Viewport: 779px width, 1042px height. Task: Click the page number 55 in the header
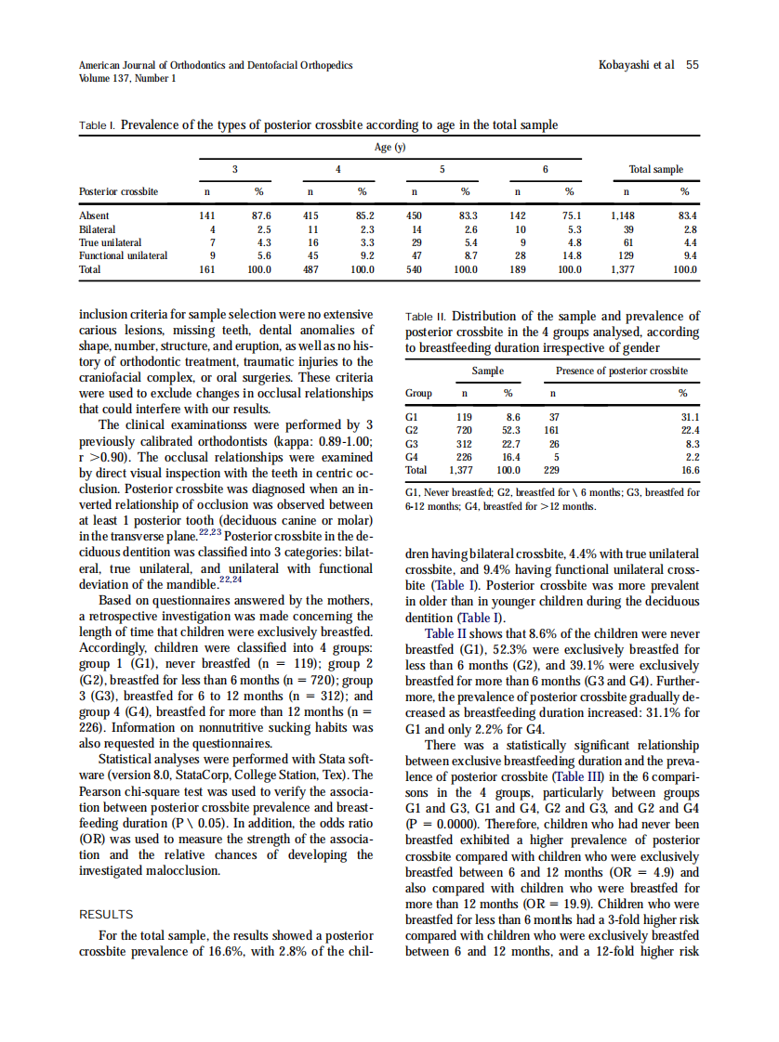click(x=692, y=65)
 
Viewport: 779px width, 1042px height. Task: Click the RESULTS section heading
click(x=107, y=915)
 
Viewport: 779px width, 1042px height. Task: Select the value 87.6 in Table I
click(x=261, y=215)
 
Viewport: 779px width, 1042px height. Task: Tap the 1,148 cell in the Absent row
click(x=622, y=215)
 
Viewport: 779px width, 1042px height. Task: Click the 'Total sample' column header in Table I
click(x=655, y=169)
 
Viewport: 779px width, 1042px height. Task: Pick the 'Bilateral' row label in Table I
click(x=98, y=228)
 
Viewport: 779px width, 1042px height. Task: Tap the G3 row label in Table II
click(x=415, y=444)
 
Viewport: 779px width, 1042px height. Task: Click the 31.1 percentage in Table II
click(x=690, y=417)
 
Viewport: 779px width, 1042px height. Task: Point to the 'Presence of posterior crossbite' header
click(x=621, y=371)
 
